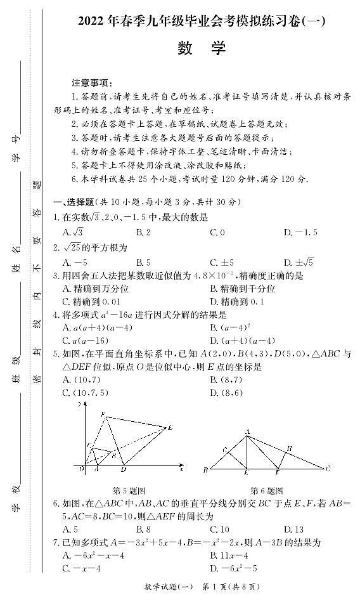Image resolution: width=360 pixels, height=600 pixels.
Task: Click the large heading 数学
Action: [x=198, y=49]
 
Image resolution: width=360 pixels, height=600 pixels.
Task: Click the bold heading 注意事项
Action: [x=91, y=83]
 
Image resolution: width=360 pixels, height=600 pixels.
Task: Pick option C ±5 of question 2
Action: [x=222, y=262]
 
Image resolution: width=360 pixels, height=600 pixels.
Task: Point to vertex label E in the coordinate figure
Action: [x=170, y=428]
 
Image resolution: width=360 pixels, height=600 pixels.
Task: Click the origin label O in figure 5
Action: [x=81, y=469]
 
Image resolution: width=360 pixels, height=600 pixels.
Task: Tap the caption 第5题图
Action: [x=129, y=490]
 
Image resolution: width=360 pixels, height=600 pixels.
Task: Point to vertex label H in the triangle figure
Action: [x=289, y=448]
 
